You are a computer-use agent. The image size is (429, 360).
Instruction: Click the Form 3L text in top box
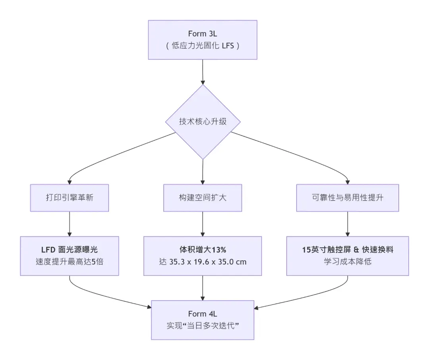coord(203,34)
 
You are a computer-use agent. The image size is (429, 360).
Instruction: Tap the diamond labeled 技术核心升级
coord(203,121)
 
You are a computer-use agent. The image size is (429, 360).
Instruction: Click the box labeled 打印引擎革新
coord(70,198)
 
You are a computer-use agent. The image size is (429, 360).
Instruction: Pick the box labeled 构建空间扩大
coord(203,198)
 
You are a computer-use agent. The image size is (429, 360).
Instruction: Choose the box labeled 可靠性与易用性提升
coord(348,198)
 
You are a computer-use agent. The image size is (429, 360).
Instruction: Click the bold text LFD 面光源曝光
coord(70,250)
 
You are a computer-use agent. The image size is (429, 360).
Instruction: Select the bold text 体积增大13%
coord(203,250)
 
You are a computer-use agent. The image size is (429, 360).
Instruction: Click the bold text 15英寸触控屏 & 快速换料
coord(348,250)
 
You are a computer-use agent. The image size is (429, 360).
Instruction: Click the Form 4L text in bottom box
coord(203,314)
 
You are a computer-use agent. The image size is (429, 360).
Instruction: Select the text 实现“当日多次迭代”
coord(203,325)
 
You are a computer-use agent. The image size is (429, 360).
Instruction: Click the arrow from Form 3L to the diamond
coord(203,71)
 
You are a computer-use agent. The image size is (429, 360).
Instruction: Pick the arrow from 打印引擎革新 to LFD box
coord(70,224)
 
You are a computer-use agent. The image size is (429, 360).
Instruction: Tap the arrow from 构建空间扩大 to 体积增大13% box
coord(203,224)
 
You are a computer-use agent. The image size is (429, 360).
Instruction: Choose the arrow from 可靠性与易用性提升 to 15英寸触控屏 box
coord(348,224)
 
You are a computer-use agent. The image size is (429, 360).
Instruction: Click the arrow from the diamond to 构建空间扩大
coord(203,171)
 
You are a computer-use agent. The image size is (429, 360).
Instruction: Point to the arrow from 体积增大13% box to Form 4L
coord(203,288)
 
